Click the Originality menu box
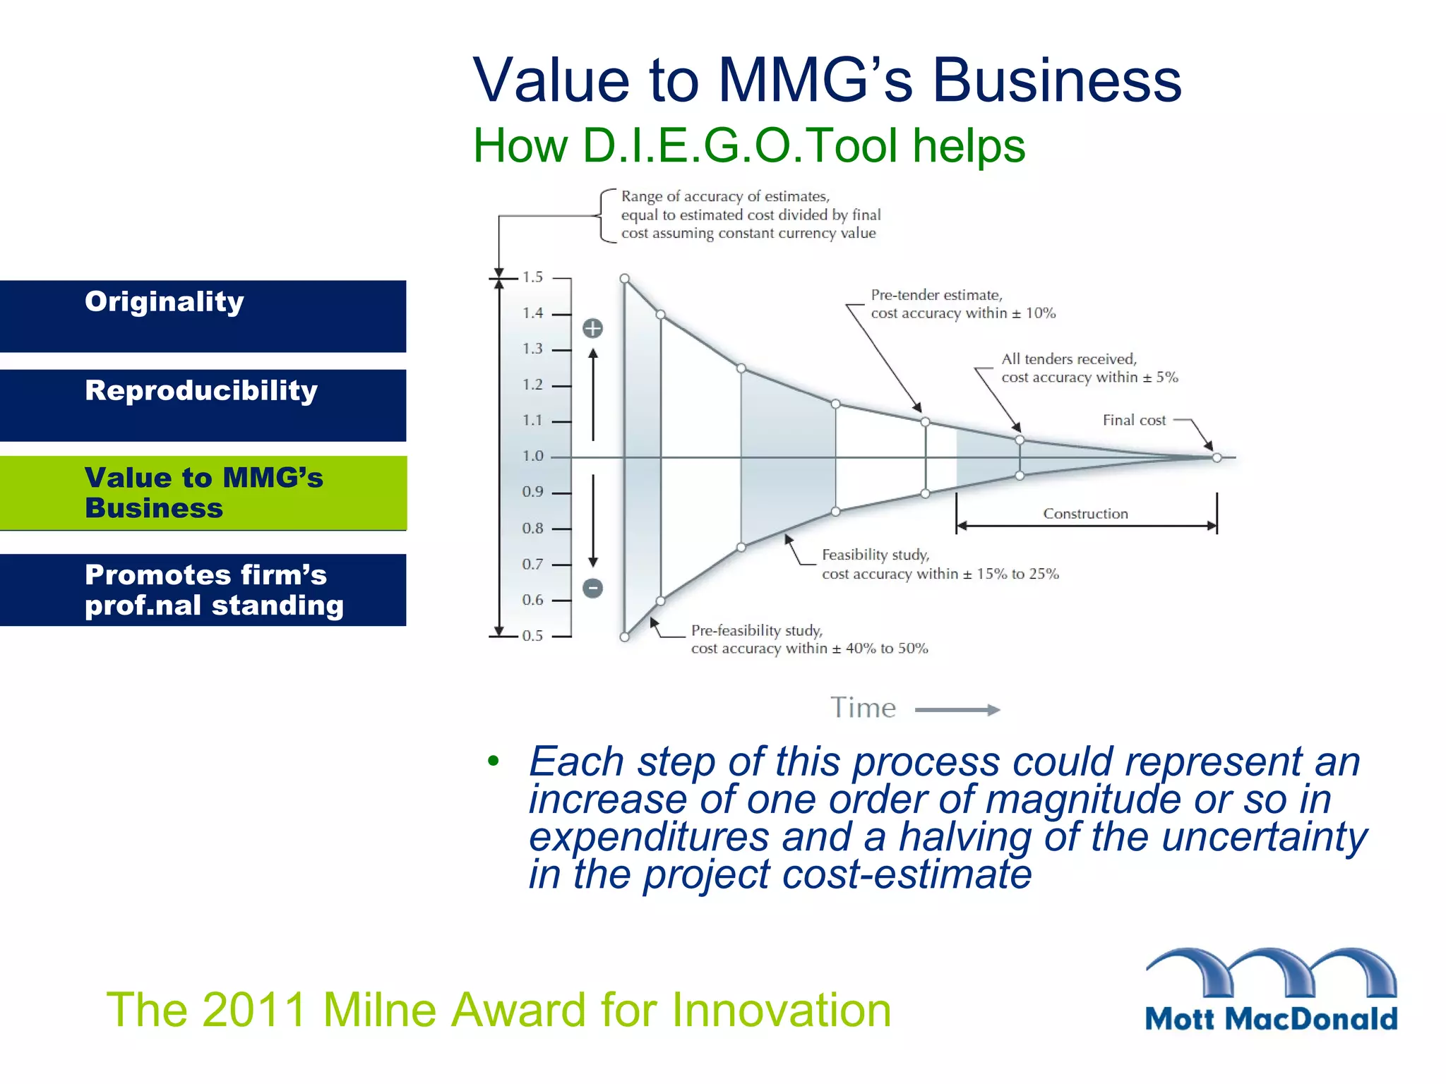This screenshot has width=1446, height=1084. [203, 316]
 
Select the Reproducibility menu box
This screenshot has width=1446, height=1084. [203, 405]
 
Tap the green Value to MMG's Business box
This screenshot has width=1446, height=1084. [203, 493]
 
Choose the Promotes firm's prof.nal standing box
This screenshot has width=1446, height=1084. [203, 590]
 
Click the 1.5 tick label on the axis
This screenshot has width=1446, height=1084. [532, 277]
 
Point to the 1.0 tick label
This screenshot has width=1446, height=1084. [532, 457]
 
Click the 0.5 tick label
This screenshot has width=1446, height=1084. [532, 636]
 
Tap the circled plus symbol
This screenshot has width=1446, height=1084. [592, 328]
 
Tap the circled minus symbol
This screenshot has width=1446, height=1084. [592, 588]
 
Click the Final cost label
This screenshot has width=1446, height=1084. [1134, 421]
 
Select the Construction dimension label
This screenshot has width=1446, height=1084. [1085, 514]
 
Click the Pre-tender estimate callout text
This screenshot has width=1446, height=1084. [962, 304]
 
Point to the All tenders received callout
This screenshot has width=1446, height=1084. [1089, 368]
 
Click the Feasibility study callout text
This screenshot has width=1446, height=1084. [940, 565]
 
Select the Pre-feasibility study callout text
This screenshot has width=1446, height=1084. [808, 639]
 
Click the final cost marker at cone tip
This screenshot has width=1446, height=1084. [1217, 458]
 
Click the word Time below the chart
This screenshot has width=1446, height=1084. [863, 708]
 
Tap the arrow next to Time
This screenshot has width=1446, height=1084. [957, 710]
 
